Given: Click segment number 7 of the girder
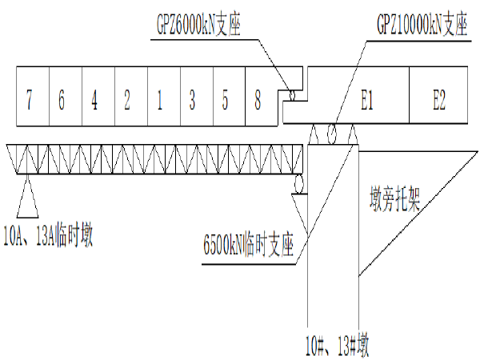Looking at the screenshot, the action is (x=29, y=99).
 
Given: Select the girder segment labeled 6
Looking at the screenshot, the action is (x=62, y=99).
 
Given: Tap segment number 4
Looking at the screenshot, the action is (x=94, y=99).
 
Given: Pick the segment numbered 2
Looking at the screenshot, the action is (x=127, y=99).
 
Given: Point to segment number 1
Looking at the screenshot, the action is (x=159, y=99).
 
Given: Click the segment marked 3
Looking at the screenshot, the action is (x=192, y=99).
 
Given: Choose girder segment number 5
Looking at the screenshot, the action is (x=225, y=99).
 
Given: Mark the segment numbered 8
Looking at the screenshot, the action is (x=258, y=99).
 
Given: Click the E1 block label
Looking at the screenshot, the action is (x=367, y=100).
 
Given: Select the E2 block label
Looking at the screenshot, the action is (x=439, y=100).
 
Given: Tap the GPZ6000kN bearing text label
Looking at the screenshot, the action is (x=198, y=24).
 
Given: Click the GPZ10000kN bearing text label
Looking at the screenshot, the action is (x=422, y=23).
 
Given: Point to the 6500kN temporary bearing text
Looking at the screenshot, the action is (x=249, y=246).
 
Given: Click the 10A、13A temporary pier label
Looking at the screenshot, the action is (x=48, y=235).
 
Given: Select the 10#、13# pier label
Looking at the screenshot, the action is (x=338, y=346).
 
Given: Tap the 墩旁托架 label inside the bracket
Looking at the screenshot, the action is (x=395, y=198).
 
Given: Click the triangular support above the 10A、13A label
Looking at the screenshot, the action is (x=27, y=196).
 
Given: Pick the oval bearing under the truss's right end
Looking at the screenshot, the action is (x=298, y=184).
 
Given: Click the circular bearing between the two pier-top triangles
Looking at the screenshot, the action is (x=332, y=134).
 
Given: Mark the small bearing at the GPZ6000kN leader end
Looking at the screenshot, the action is (x=292, y=95).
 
